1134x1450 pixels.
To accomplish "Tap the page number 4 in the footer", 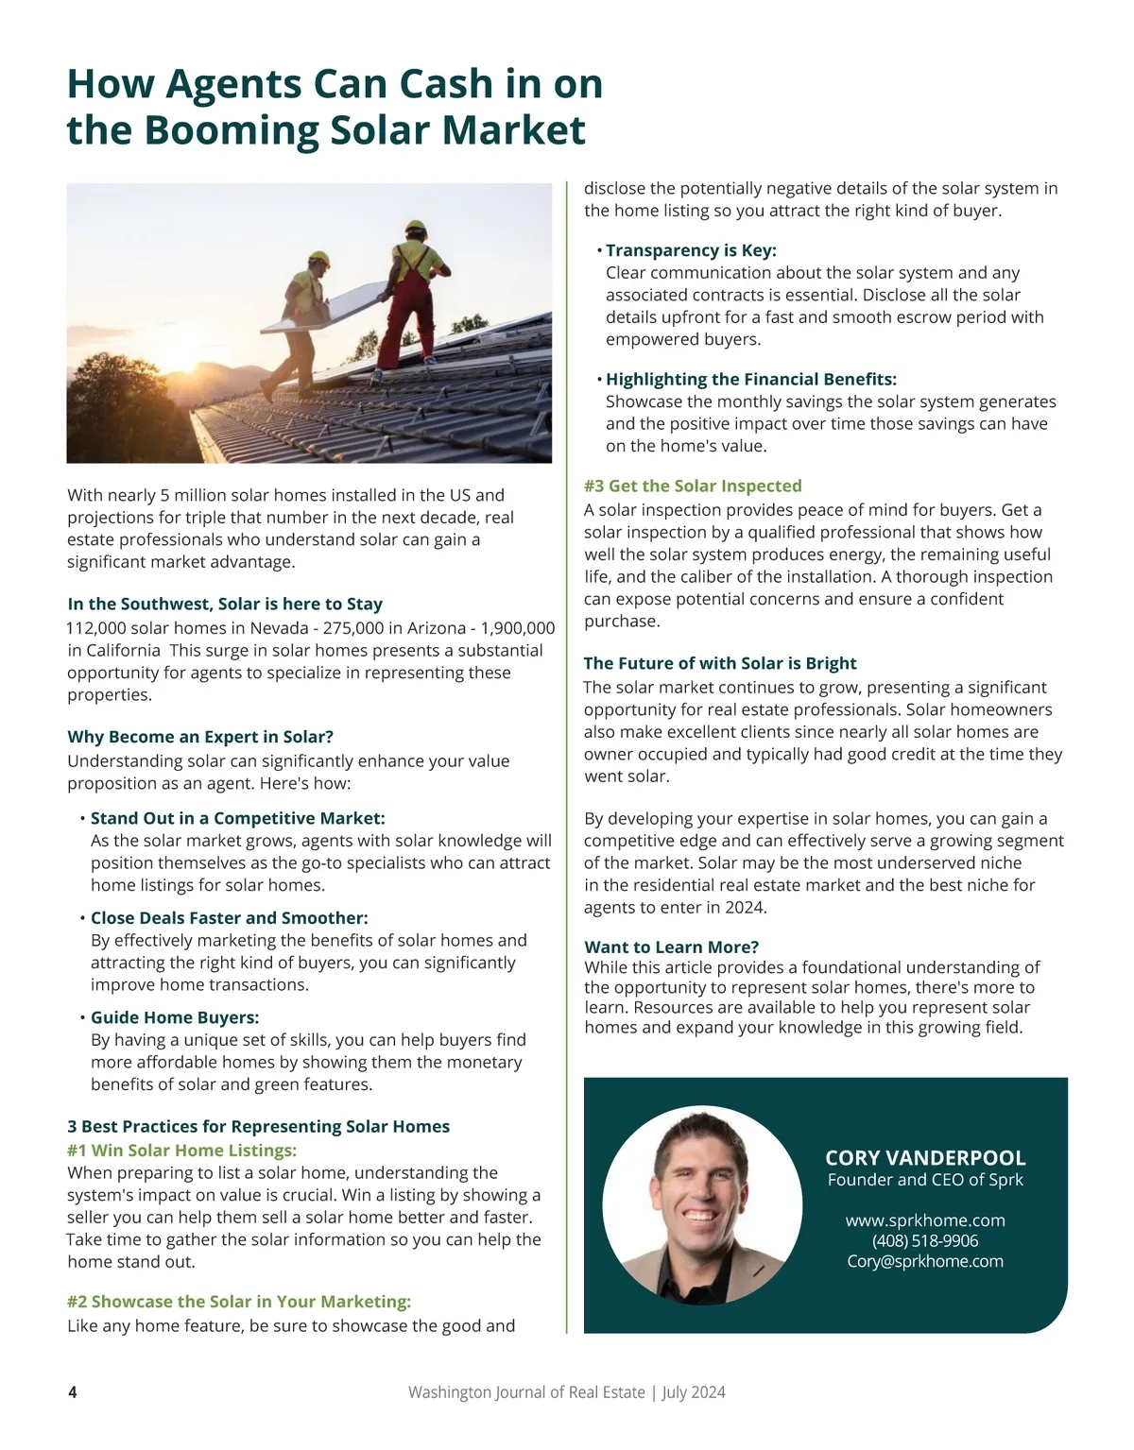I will tap(73, 1392).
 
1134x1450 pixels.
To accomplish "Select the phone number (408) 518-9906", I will tap(924, 1241).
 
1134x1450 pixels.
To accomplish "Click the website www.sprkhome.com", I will tap(924, 1220).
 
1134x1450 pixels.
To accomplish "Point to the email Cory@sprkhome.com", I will tap(924, 1262).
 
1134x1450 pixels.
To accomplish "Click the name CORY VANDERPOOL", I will tap(924, 1158).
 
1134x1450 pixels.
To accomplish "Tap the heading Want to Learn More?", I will tap(671, 947).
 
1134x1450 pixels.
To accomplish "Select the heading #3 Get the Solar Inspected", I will tap(692, 486).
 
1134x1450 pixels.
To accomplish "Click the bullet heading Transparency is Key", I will tap(690, 250).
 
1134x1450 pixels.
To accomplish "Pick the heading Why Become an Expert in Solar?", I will tap(200, 737).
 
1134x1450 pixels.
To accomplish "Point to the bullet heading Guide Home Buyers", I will tap(174, 1017).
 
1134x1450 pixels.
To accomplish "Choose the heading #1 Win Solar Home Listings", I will tap(181, 1151).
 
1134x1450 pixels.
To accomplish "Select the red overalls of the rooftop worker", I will tap(407, 303).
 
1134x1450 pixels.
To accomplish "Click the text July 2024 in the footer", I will tap(694, 1392).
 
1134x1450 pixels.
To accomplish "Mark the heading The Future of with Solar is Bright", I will tap(719, 663).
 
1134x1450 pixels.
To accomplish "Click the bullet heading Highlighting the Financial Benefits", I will tap(750, 380).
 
